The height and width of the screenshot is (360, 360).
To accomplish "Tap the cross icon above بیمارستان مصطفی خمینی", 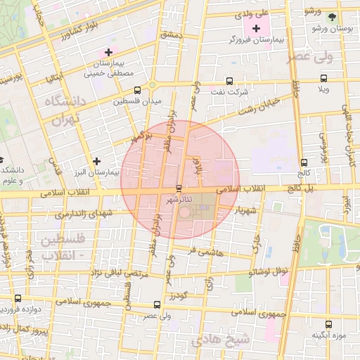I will pos(108,52).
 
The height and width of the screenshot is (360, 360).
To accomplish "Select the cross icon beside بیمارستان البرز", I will pos(96,161).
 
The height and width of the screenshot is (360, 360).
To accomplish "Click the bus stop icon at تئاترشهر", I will pos(179,188).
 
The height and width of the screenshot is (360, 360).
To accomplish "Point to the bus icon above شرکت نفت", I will pos(229,81).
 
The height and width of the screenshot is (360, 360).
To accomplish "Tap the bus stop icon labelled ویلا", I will pos(323,79).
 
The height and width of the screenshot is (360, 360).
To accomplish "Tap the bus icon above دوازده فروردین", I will pos(18,299).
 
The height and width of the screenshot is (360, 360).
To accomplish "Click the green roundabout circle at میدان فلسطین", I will pos(152,88).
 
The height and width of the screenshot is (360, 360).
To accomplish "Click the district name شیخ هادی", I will pos(228,340).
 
